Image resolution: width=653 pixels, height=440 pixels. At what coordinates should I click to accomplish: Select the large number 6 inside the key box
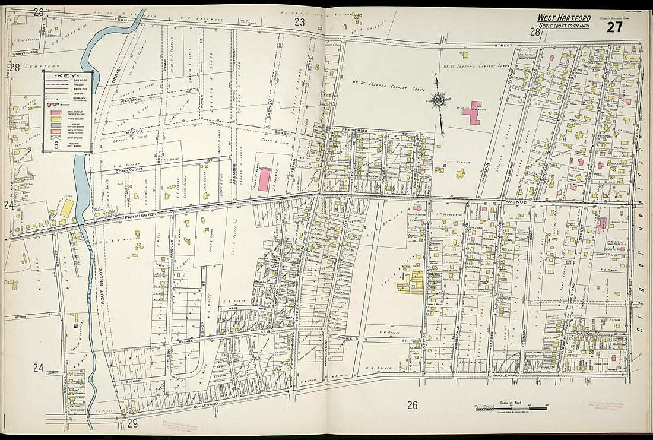pyautogui.click(x=55, y=144)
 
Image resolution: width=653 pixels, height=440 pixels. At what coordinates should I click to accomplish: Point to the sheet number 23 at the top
pyautogui.click(x=300, y=22)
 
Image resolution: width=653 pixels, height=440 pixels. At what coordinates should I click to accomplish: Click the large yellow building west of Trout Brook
pyautogui.click(x=67, y=208)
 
